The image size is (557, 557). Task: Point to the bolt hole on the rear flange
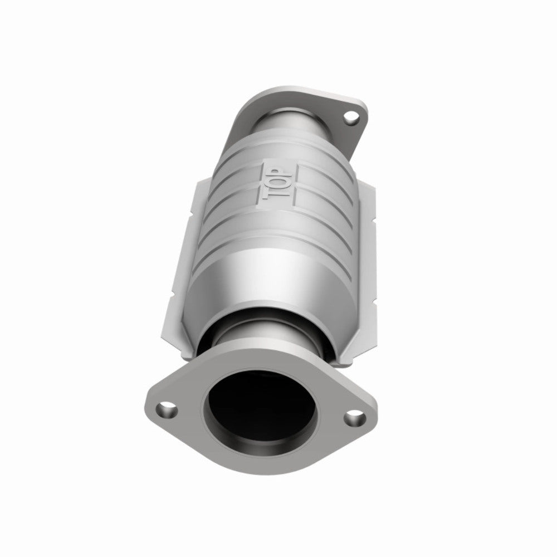[351, 118]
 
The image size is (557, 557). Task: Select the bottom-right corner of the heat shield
[365, 365]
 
